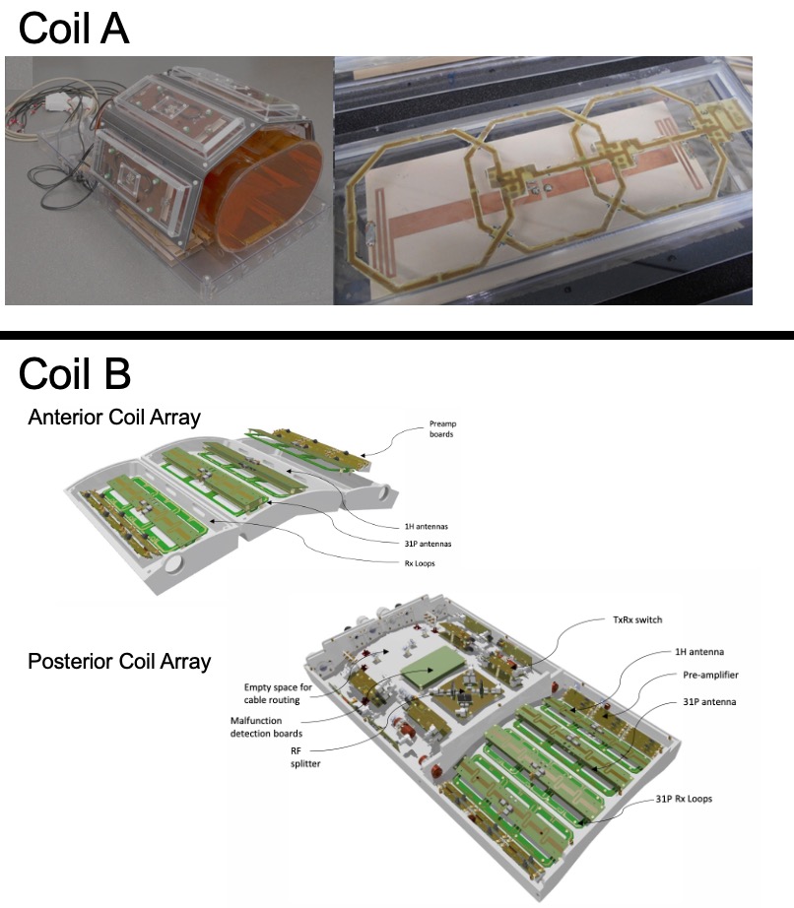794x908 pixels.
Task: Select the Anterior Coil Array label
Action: (x=114, y=417)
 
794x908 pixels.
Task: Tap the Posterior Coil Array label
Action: (x=119, y=661)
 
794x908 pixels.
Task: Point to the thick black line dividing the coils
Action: (x=397, y=336)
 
